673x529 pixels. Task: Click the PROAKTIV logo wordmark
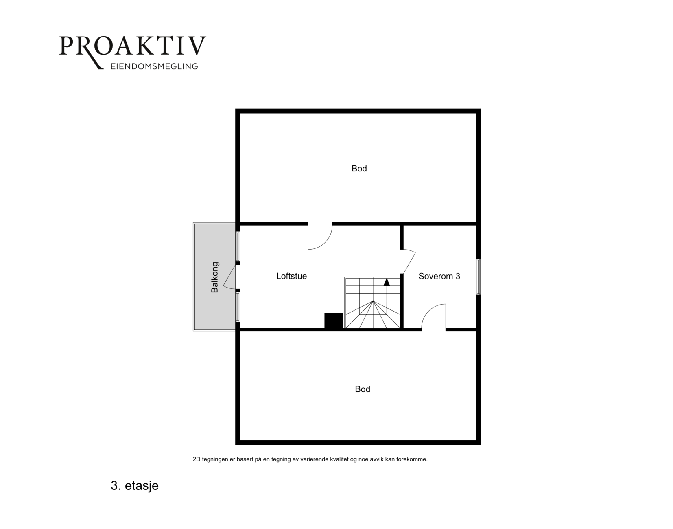[133, 46]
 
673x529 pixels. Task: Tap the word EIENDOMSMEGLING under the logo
[154, 66]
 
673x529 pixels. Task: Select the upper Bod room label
[359, 169]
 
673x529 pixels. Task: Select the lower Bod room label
[363, 389]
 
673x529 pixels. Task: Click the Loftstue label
[291, 276]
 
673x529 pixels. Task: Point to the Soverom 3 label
[439, 276]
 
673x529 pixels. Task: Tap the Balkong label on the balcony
[214, 277]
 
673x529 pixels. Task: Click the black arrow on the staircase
[387, 282]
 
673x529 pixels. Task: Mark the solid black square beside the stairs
[334, 321]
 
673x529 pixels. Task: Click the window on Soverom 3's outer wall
[478, 277]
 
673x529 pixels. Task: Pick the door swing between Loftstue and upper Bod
[320, 236]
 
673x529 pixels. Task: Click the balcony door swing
[229, 277]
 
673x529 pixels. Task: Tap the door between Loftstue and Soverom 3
[408, 261]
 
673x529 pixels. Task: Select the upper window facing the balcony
[238, 246]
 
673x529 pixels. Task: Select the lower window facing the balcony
[238, 307]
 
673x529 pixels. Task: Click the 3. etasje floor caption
[135, 486]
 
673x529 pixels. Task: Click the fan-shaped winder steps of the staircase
[373, 314]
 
